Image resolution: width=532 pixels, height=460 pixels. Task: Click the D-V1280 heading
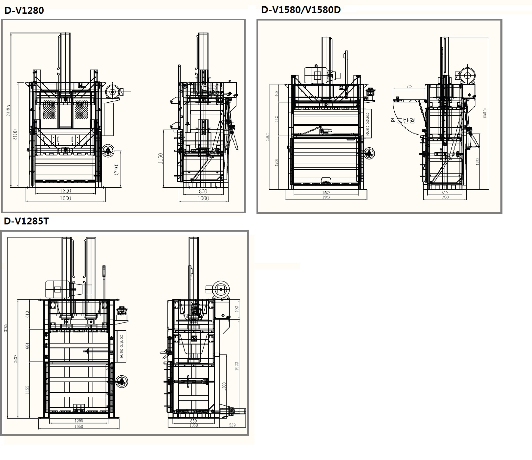(24, 10)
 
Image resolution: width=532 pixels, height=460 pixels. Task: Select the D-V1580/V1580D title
(301, 10)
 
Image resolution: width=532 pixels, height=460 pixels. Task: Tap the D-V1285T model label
(26, 221)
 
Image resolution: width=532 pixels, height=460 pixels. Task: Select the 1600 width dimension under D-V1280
(65, 198)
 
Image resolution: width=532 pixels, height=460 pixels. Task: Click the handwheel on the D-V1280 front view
(108, 151)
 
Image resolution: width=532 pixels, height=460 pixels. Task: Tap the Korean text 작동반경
(403, 120)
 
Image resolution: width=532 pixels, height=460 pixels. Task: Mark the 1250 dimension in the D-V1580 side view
(477, 161)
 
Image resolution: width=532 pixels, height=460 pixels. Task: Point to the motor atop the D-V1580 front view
(318, 75)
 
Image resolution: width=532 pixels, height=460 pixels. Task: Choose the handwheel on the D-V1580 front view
(370, 153)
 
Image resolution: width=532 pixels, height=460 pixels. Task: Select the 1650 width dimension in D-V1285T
(79, 427)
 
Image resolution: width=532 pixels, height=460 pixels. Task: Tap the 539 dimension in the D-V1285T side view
(232, 425)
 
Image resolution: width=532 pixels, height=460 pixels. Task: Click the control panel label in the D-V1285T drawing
(121, 347)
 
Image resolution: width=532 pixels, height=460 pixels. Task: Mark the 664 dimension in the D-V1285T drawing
(28, 346)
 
